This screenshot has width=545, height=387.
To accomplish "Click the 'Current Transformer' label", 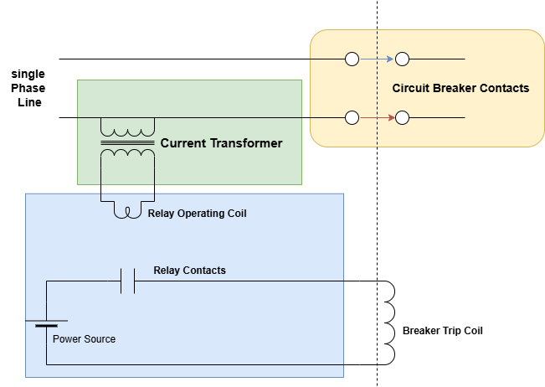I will point(221,143).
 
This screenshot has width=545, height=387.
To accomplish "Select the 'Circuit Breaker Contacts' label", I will point(460,88).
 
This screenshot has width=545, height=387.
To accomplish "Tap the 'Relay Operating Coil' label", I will point(197,214).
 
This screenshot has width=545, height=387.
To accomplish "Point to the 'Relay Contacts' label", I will point(189,271).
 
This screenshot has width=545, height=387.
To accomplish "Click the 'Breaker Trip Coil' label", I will point(442,331).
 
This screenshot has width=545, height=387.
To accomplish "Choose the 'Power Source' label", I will point(84,339).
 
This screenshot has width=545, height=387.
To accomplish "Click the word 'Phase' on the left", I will point(28,88).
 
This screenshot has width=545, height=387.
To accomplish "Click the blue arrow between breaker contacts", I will point(377,59).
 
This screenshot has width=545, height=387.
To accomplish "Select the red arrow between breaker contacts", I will point(377,117).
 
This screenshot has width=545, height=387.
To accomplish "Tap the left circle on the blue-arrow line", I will point(352,59).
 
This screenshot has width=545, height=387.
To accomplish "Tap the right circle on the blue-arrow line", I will point(402,59).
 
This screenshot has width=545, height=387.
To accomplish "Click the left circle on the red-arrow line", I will point(352,117).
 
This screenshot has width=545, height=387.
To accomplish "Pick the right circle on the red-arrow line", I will point(402,117).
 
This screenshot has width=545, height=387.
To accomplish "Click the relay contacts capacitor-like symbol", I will point(127,281).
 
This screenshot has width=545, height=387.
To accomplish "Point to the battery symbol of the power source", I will point(45,323).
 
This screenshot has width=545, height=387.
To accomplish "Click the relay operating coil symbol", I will point(127,211).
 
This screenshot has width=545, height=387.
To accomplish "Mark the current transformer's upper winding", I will point(127,129).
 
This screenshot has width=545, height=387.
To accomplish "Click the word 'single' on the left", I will point(28,74).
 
